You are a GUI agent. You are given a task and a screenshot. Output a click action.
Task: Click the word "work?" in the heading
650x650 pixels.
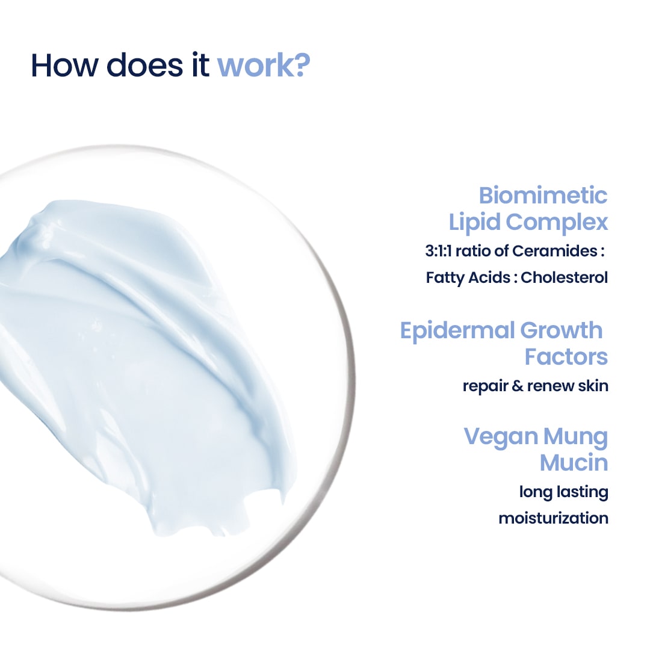coord(263,66)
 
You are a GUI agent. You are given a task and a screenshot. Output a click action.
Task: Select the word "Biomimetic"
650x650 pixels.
coord(543,196)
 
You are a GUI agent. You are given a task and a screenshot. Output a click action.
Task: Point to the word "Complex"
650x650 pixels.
coord(557,222)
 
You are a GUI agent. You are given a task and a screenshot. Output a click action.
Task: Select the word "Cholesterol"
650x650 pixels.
coord(565,277)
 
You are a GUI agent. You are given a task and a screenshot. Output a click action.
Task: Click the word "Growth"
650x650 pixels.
coord(561,330)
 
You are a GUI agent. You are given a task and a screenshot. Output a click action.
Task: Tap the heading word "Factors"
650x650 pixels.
coord(566,356)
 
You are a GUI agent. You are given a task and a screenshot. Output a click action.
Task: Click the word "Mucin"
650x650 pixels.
coord(574,463)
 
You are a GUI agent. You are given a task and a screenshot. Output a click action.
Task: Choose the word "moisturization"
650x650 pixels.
coord(553,518)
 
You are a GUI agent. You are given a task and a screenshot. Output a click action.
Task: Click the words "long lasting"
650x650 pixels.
coord(563,492)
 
